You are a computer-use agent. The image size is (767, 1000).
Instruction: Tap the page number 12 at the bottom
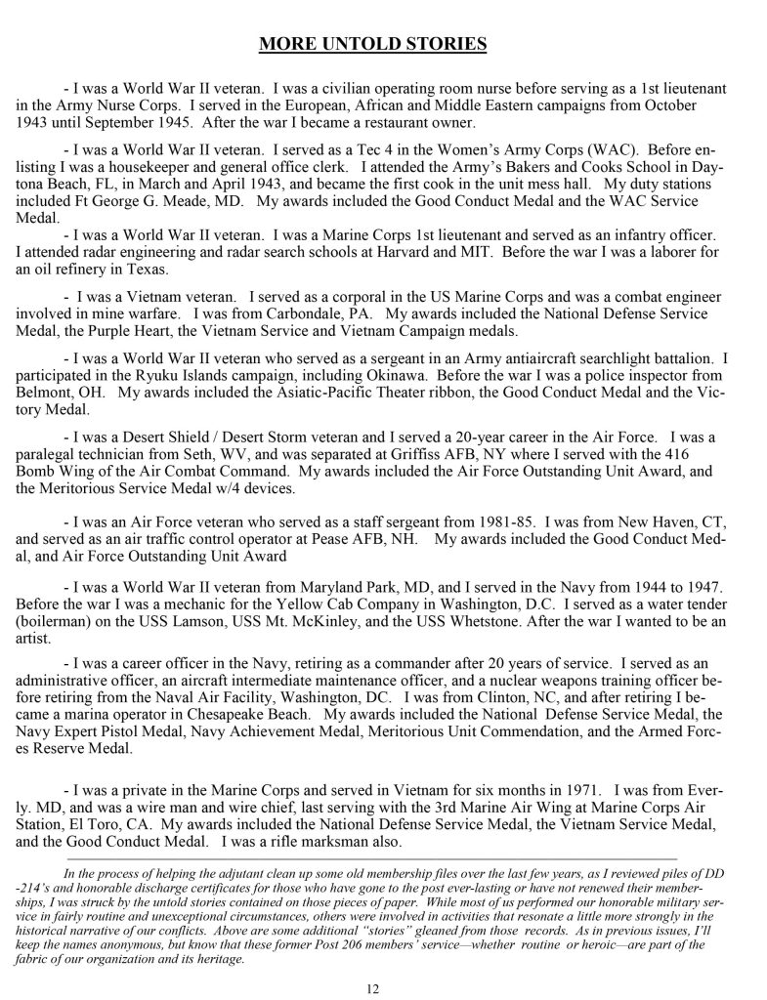(372, 988)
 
